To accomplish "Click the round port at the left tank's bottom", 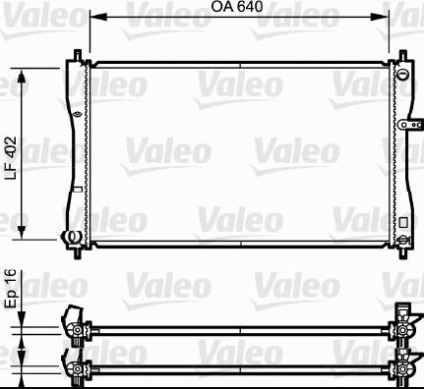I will tap(71, 236).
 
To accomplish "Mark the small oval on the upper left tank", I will tap(76, 112).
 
